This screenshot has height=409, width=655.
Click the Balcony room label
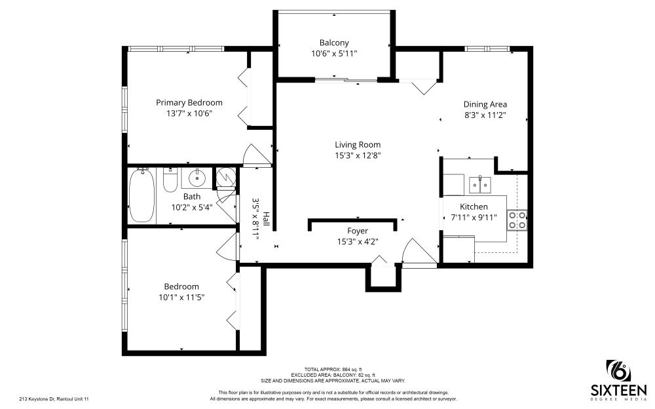coord(334,43)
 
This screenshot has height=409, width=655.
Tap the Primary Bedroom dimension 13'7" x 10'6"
coord(189,113)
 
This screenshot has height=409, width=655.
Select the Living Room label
coord(358,145)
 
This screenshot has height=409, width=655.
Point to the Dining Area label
coord(485,104)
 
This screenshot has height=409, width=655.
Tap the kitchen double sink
coord(479,184)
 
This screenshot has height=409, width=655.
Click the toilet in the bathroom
coord(170,180)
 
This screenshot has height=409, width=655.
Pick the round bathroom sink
coord(196,177)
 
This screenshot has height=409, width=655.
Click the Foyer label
coord(358,231)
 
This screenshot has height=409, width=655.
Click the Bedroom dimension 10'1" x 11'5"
coord(181,298)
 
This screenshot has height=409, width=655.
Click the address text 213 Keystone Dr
coord(54,399)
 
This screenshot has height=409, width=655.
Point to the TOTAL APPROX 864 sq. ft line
coord(333,369)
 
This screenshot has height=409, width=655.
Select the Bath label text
coord(192,196)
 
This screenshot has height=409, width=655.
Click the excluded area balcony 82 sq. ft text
coord(333,375)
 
